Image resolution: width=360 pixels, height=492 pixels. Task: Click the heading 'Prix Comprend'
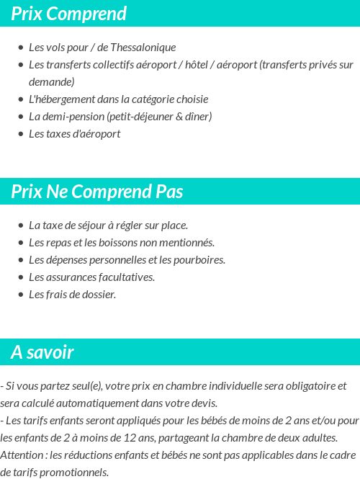coord(68,14)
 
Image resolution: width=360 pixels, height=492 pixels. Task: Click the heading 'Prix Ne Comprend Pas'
coord(97,192)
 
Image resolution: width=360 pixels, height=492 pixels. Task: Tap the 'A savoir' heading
coord(42,352)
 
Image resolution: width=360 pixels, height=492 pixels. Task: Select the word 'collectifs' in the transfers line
coord(109,65)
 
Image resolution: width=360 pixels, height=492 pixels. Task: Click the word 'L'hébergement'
coord(61,99)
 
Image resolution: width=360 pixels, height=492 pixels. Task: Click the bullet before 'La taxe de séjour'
coord(21,225)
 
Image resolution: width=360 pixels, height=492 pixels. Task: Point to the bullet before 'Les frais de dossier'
coord(21,295)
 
